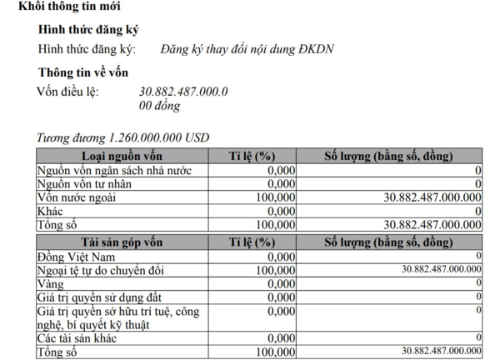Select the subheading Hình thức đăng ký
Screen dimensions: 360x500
pyautogui.click(x=88, y=30)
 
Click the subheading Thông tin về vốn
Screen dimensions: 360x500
pyautogui.click(x=83, y=72)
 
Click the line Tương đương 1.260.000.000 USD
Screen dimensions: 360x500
pyautogui.click(x=123, y=137)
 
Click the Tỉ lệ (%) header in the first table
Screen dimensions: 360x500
pyautogui.click(x=252, y=156)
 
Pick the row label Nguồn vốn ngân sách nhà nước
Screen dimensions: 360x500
pyautogui.click(x=114, y=170)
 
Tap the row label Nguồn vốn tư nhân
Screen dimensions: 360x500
pyautogui.click(x=85, y=183)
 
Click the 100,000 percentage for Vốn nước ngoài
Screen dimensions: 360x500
pyautogui.click(x=275, y=197)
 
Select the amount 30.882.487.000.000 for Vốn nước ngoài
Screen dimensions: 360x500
pyautogui.click(x=432, y=197)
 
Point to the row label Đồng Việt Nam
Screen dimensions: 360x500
pyautogui.click(x=75, y=256)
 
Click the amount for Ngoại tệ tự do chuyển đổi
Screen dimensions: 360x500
pyautogui.click(x=442, y=269)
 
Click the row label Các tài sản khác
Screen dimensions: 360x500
pyautogui.click(x=76, y=338)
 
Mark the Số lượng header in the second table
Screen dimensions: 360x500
pyautogui.click(x=388, y=242)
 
